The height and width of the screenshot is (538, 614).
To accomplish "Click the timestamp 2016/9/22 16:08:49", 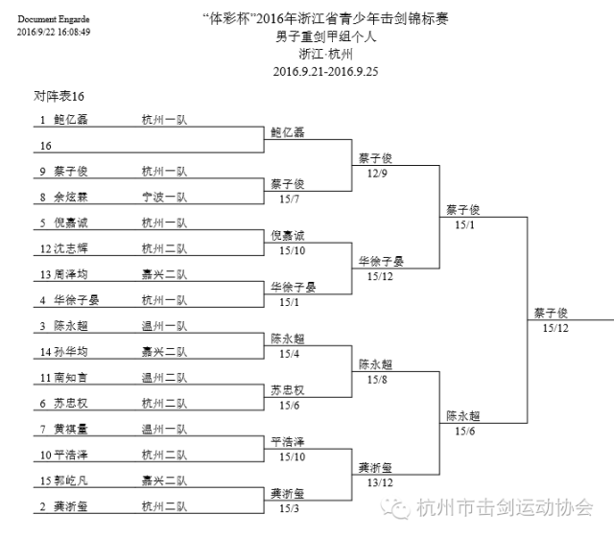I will [x=54, y=32].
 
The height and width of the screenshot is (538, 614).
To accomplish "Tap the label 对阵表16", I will [x=59, y=98].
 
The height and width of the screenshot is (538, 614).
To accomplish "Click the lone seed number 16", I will [x=45, y=146].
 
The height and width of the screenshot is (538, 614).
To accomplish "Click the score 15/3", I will [x=289, y=508].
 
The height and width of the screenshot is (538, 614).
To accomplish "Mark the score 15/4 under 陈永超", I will [x=289, y=354].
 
